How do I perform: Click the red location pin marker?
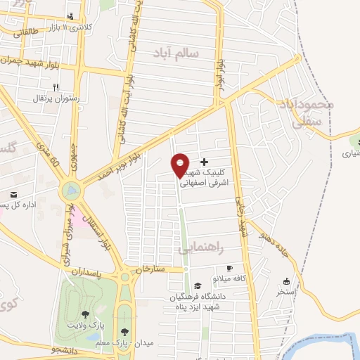pyautogui.click(x=181, y=165)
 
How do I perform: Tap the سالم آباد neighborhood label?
pyautogui.click(x=174, y=51)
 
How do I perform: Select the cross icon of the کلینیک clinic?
pyautogui.click(x=205, y=162)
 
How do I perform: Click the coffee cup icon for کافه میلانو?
pyautogui.click(x=229, y=269)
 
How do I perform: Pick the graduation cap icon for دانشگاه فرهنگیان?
pyautogui.click(x=198, y=286)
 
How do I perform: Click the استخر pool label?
pyautogui.click(x=286, y=290)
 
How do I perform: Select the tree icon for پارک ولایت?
pyautogui.click(x=86, y=314)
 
